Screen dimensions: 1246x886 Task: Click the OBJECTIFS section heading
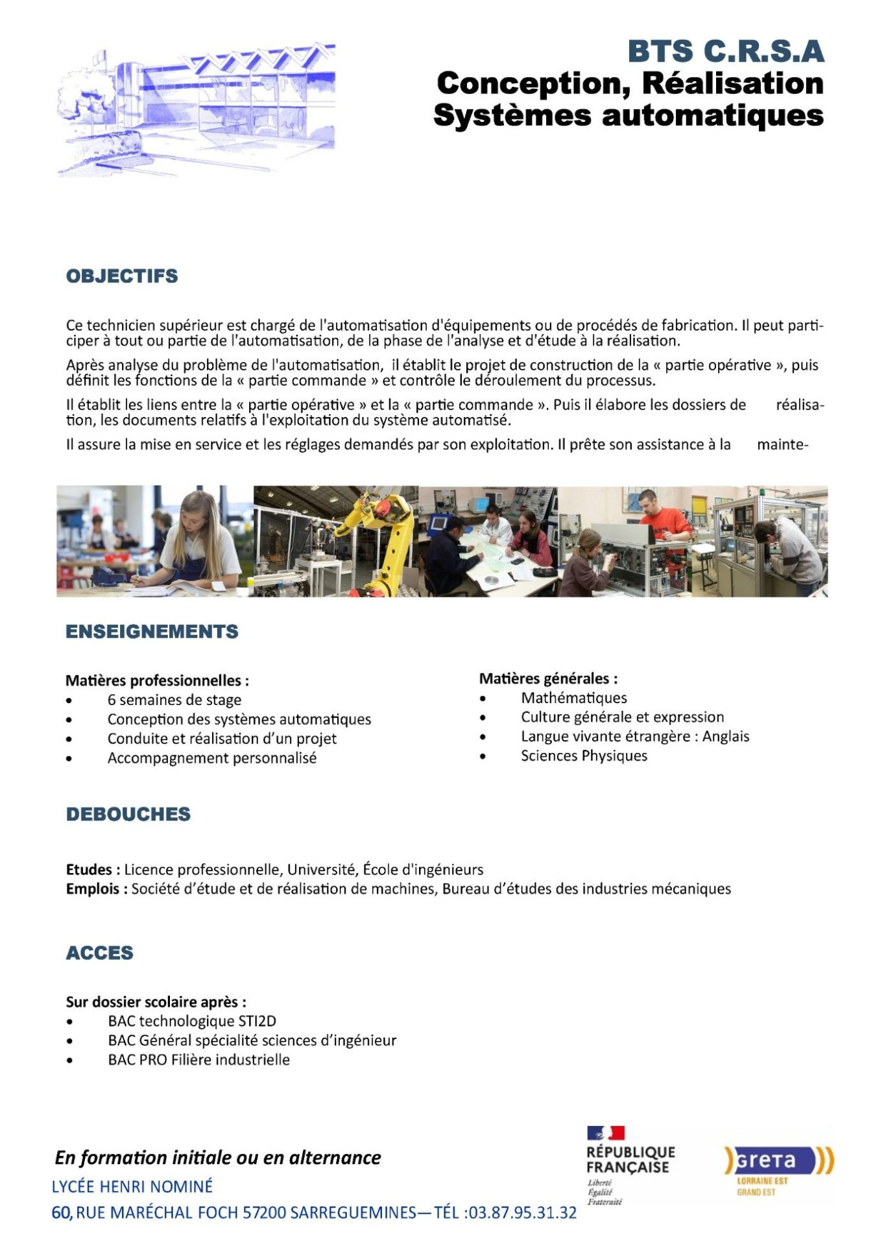tap(122, 276)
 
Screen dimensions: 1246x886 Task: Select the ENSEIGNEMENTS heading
tap(152, 631)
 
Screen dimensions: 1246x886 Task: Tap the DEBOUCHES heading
tap(128, 814)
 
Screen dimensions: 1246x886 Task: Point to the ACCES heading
tap(99, 953)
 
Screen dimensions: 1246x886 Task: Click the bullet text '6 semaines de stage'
tap(174, 700)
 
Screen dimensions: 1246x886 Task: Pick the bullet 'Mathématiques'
tap(573, 698)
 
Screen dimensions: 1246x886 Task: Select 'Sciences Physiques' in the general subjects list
tap(584, 756)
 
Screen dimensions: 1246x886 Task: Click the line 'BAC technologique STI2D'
tap(192, 1021)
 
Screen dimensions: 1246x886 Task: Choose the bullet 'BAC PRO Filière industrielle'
tap(198, 1060)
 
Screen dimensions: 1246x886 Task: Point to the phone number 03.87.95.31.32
tap(522, 1212)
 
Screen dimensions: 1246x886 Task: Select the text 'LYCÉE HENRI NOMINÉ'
tap(132, 1186)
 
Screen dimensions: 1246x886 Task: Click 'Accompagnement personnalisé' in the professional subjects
tap(211, 758)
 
